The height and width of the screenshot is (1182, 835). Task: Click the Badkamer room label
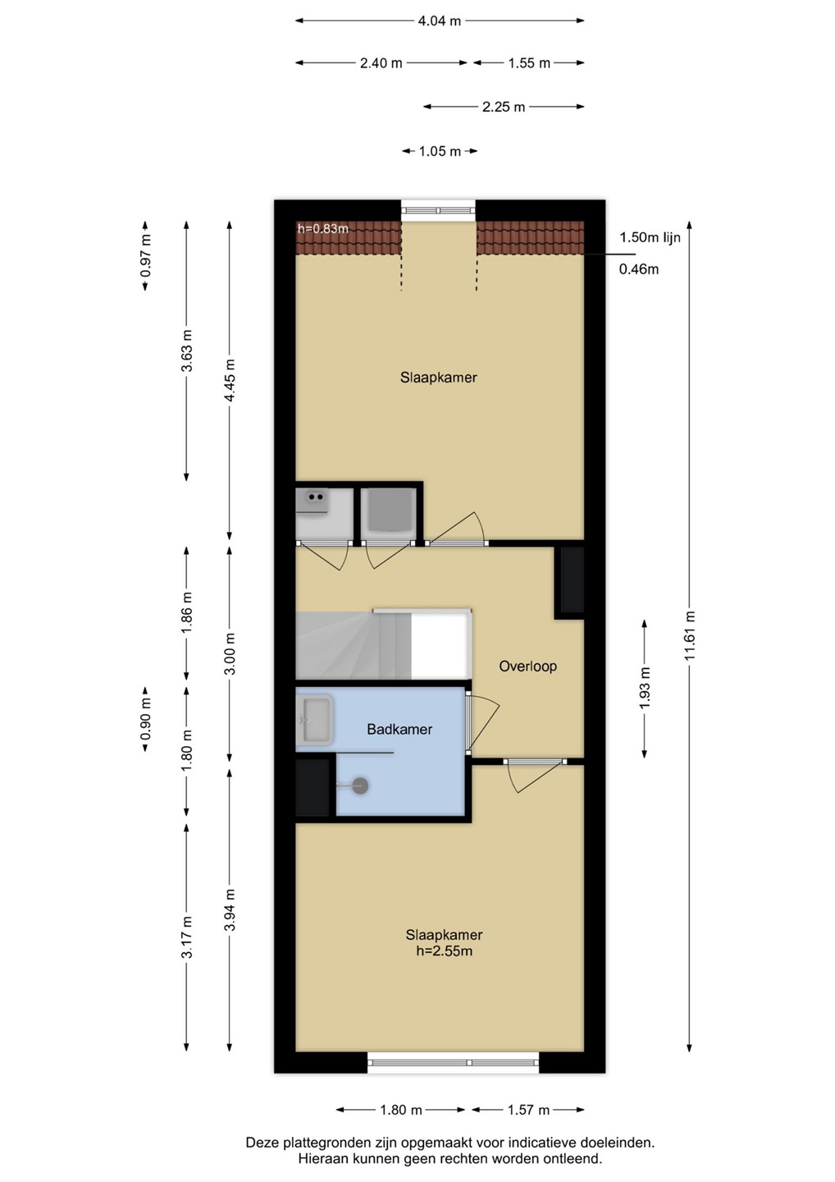pyautogui.click(x=399, y=729)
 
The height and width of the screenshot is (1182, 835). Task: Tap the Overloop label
pyautogui.click(x=527, y=666)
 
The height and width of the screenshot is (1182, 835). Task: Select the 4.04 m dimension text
pyautogui.click(x=439, y=21)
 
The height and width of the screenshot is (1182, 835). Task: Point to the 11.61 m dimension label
pyautogui.click(x=691, y=635)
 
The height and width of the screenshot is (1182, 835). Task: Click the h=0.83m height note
pyautogui.click(x=323, y=229)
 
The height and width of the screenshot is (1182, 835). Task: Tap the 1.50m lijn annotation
pyautogui.click(x=650, y=237)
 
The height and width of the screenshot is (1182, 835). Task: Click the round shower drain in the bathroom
pyautogui.click(x=361, y=786)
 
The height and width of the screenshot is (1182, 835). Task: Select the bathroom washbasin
pyautogui.click(x=314, y=720)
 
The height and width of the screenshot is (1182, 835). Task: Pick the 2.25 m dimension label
pyautogui.click(x=504, y=107)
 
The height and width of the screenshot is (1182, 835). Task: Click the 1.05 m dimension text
pyautogui.click(x=440, y=152)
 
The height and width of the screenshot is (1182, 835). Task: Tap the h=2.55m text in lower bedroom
pyautogui.click(x=444, y=951)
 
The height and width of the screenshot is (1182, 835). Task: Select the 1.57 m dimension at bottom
pyautogui.click(x=528, y=1111)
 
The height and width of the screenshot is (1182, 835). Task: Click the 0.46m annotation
pyautogui.click(x=639, y=269)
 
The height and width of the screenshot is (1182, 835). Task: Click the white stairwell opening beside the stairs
pyautogui.click(x=440, y=645)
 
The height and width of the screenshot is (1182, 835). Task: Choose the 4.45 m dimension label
pyautogui.click(x=230, y=380)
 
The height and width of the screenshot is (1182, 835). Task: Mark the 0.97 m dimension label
pyautogui.click(x=146, y=255)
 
